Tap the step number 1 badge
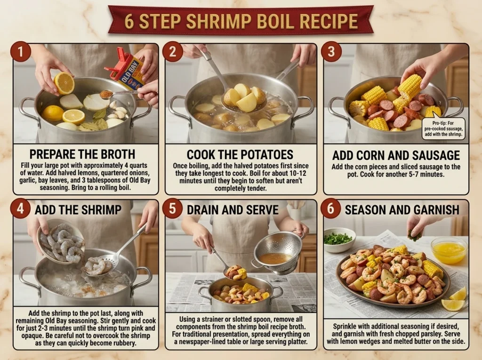tap(21, 51)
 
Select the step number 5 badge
tap(173, 208)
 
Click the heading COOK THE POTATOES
tap(240, 154)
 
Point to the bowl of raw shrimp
tap(60, 242)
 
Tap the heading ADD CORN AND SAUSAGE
tap(396, 155)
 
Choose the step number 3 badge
tap(331, 51)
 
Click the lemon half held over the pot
tap(64, 83)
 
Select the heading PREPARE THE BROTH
tap(82, 154)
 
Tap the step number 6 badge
tap(330, 208)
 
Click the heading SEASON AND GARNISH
tap(402, 210)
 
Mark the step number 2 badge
tap(173, 51)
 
